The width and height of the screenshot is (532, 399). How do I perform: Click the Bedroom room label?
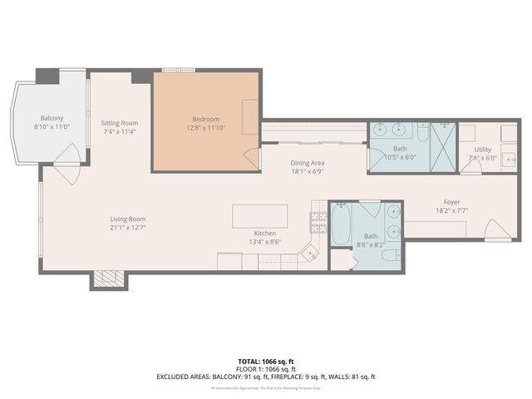tap(205, 119)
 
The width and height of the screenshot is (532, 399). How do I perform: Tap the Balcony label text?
tap(52, 118)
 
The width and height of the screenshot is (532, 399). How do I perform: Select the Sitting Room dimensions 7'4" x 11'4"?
tap(119, 131)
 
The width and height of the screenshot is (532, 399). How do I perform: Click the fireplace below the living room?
tap(108, 279)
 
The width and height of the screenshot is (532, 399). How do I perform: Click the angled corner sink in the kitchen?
tap(310, 253)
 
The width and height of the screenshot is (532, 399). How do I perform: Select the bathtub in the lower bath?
tap(341, 224)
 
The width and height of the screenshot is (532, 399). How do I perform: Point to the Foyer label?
tap(451, 202)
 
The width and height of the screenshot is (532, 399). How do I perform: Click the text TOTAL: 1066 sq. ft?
tap(265, 362)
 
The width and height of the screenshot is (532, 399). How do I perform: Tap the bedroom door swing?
tap(250, 159)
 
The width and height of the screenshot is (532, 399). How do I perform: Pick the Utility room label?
tap(482, 150)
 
